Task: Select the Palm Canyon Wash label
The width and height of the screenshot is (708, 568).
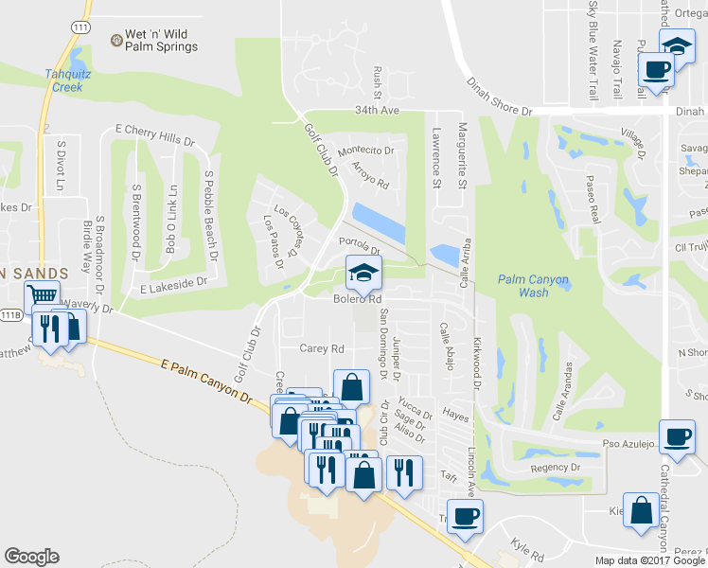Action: click(x=535, y=286)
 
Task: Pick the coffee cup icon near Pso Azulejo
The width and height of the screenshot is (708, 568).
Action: click(x=676, y=436)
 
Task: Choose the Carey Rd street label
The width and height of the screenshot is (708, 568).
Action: click(x=322, y=348)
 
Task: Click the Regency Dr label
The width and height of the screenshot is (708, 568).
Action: click(x=556, y=468)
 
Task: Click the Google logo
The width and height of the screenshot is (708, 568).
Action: click(x=31, y=557)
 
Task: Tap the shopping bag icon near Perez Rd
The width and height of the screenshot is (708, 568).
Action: click(x=642, y=509)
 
